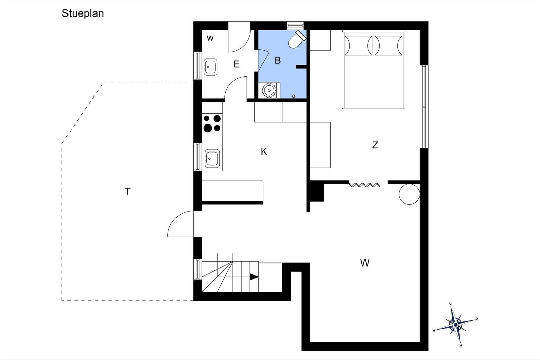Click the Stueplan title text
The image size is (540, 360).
click(83, 13)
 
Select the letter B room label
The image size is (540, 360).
click(278, 60)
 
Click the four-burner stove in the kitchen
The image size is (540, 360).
click(212, 123)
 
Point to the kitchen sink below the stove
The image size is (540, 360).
click(212, 159)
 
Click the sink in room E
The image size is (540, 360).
click(210, 67)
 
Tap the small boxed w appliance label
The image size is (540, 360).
click(210, 38)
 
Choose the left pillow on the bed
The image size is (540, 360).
click(358, 46)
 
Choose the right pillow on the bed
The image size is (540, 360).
click(388, 46)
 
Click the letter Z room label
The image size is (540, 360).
click(375, 145)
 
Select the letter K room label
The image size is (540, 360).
click(264, 151)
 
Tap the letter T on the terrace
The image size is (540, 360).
click(128, 191)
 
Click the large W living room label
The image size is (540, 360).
click(365, 263)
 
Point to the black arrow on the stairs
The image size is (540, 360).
click(254, 277)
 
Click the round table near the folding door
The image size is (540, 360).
click(409, 194)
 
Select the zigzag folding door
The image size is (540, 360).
click(365, 185)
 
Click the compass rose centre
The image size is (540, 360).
click(455, 325)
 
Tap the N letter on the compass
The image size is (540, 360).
click(450, 304)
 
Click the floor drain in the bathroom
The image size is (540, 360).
click(294, 96)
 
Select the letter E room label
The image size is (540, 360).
click(237, 64)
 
